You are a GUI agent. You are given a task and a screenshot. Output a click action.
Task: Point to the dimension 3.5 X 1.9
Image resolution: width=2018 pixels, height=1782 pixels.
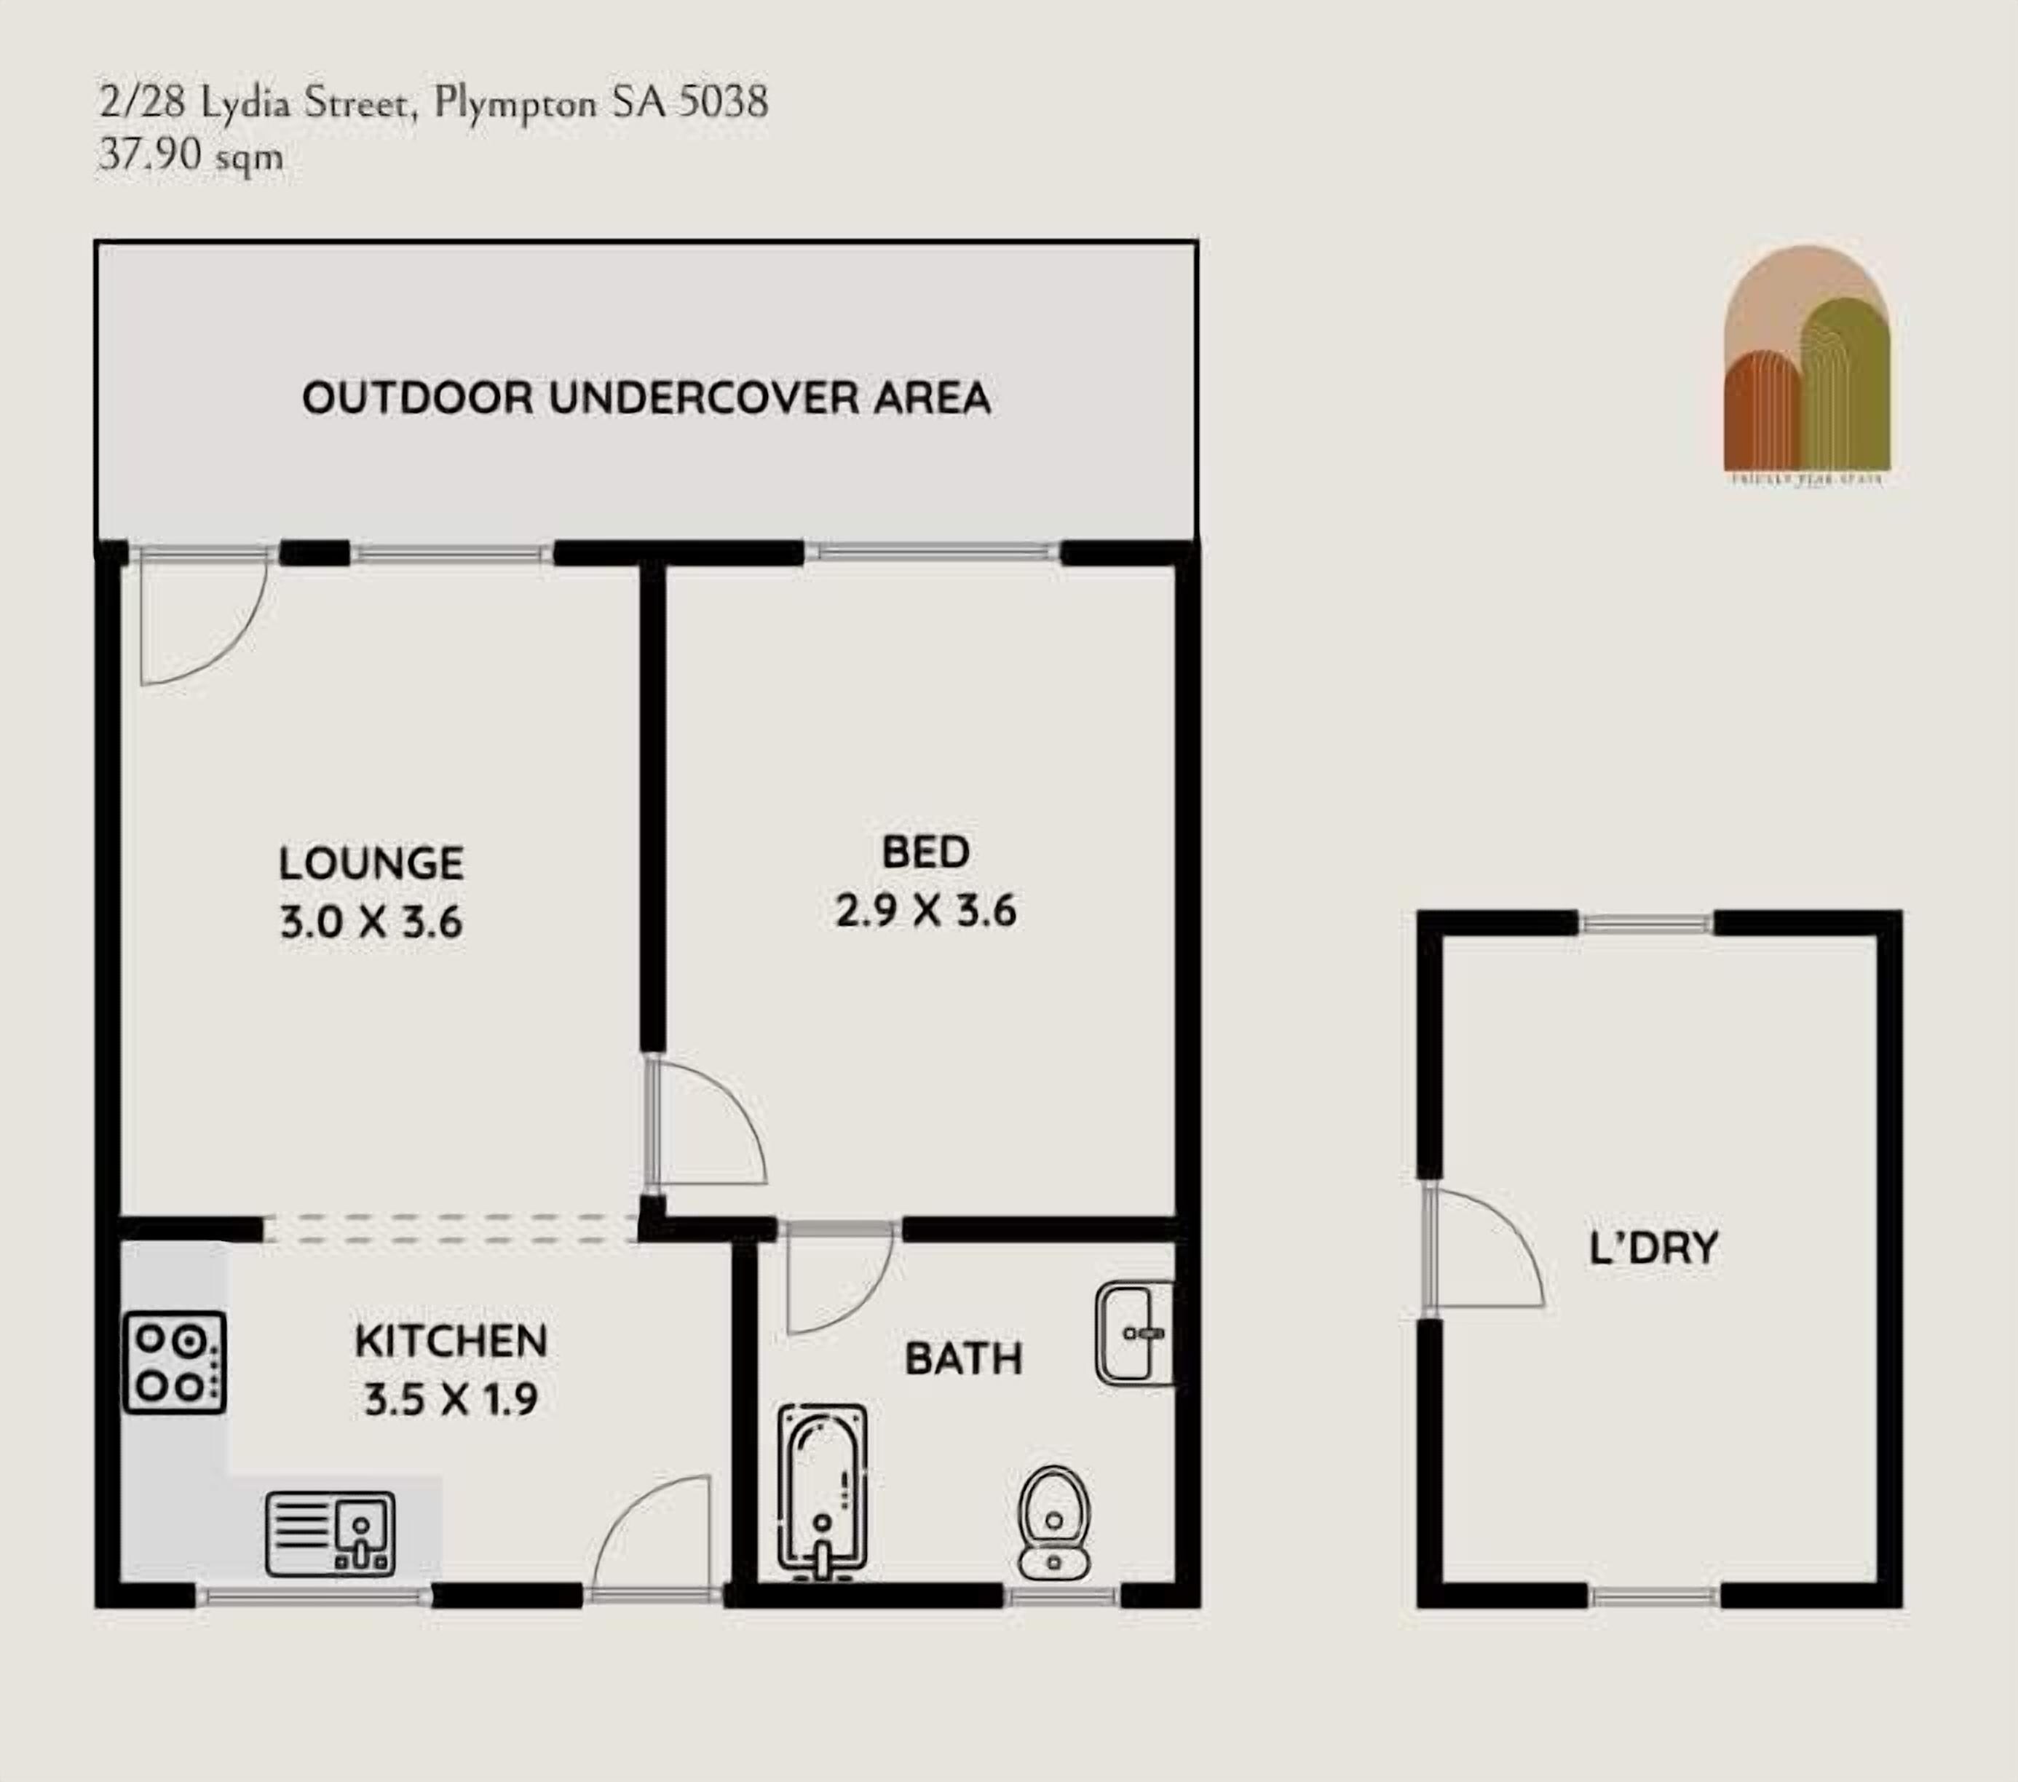(450, 1399)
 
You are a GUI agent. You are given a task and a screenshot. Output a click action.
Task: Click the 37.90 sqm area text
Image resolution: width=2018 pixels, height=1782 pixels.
(191, 155)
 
